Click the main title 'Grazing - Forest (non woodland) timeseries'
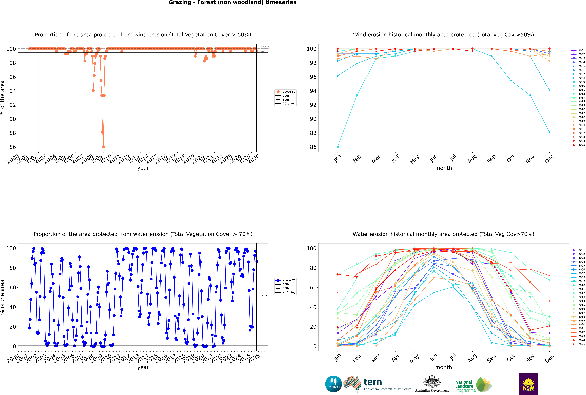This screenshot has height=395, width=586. point(232,3)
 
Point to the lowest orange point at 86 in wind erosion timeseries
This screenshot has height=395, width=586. point(103,147)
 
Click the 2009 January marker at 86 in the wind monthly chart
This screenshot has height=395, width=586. point(338,147)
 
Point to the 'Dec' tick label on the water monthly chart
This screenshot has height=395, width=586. point(549,358)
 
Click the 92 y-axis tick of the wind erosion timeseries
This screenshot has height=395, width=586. point(13,105)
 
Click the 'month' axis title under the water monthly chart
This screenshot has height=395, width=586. point(443,367)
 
